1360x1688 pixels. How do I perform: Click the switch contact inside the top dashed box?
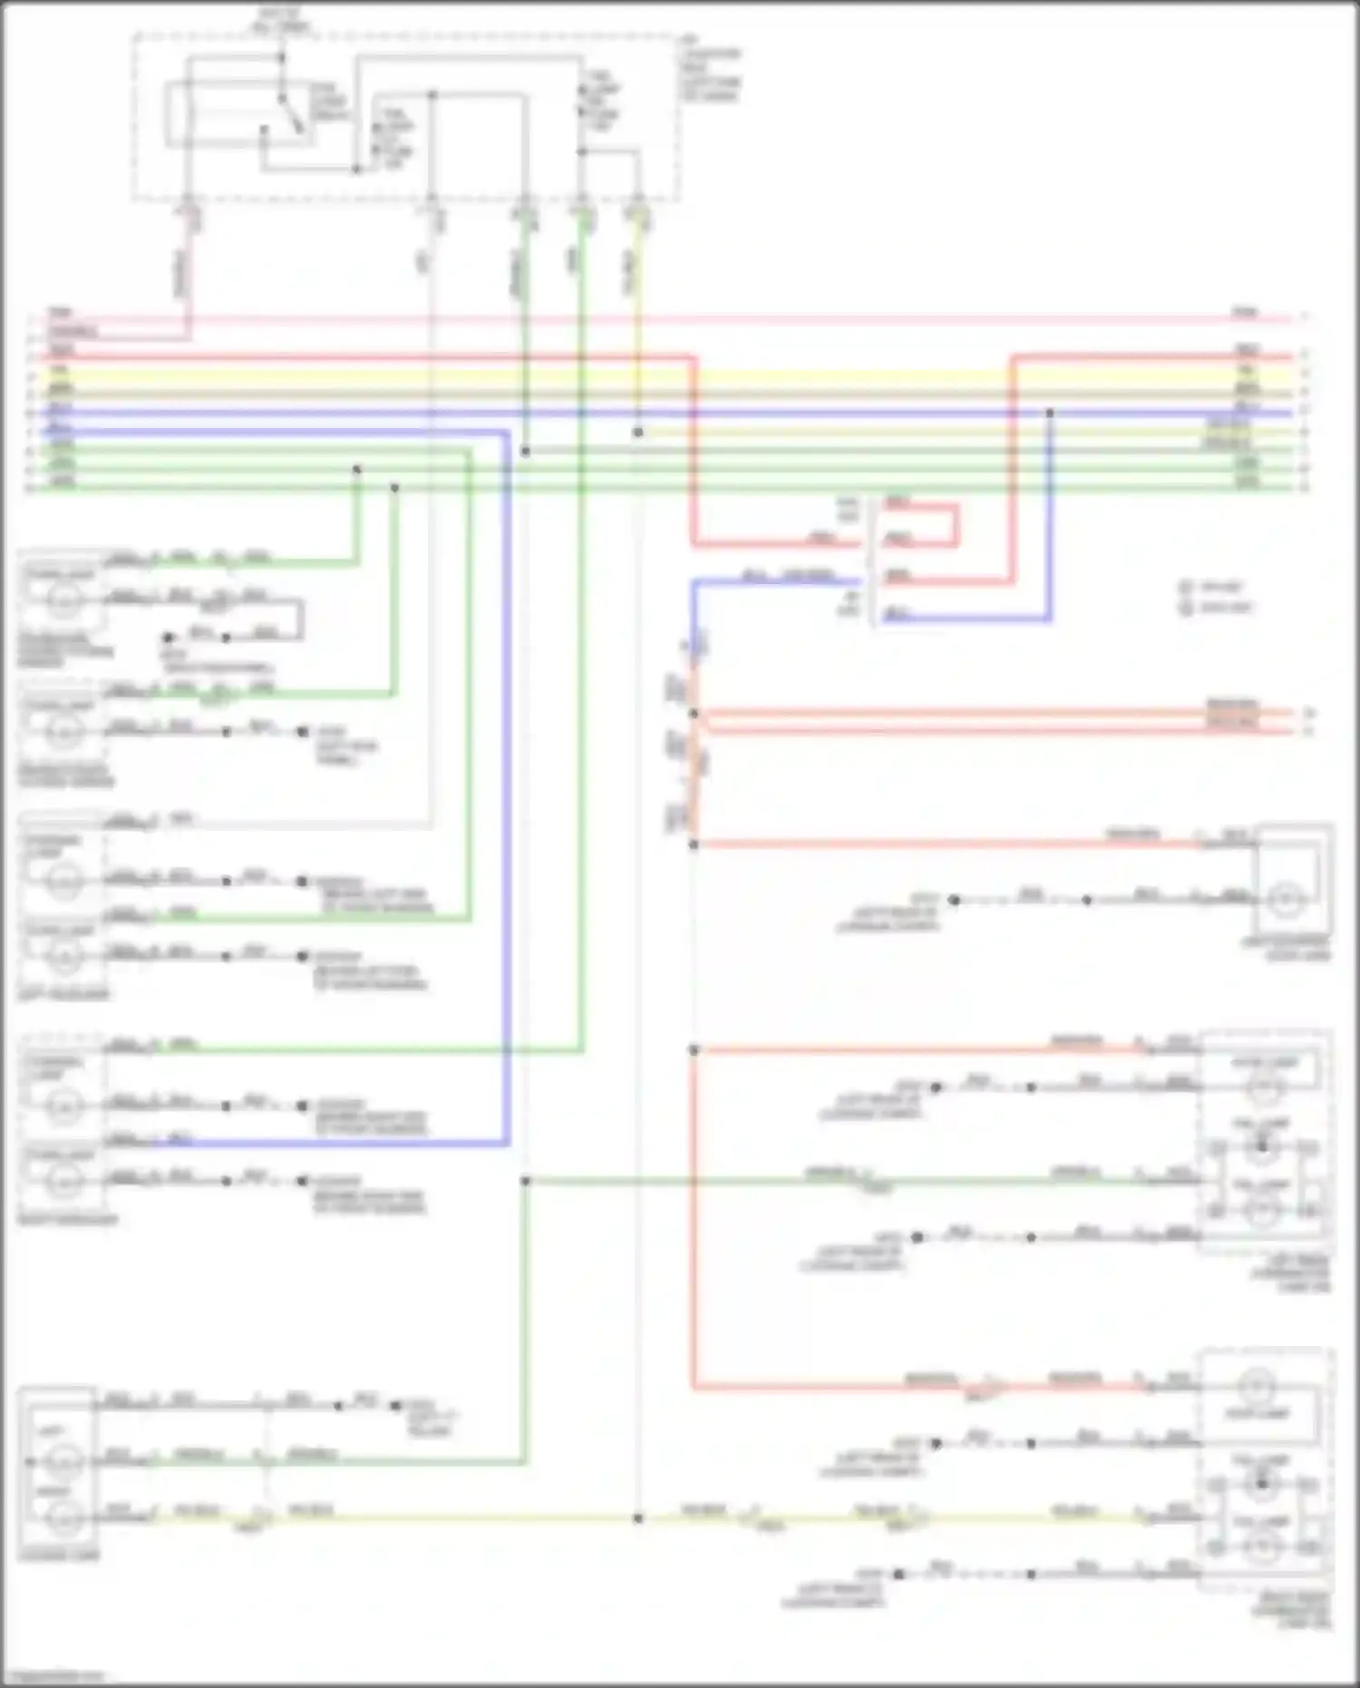288,113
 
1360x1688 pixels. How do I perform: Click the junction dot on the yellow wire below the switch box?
637,433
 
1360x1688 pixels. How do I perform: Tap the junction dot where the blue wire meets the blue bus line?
1049,413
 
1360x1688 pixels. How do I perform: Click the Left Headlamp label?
63,995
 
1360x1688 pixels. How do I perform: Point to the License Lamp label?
60,1555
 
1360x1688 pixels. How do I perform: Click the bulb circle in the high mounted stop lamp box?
1285,899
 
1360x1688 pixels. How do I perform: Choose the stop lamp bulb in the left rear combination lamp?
1264,1087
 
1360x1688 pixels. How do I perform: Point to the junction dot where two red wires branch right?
694,714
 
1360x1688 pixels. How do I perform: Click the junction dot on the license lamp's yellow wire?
637,1517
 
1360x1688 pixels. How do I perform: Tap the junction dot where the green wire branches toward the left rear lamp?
525,1181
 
